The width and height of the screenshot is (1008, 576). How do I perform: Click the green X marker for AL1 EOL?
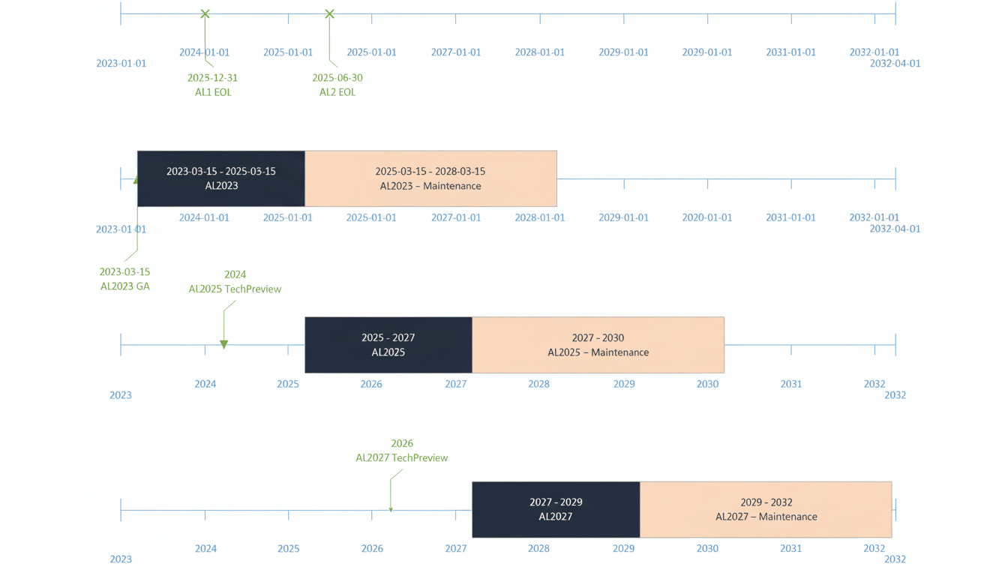(205, 13)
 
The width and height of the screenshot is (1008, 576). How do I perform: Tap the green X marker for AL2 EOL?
(329, 13)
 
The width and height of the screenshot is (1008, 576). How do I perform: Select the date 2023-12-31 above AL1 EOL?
(212, 78)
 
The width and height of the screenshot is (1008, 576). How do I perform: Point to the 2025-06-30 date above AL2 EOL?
(337, 78)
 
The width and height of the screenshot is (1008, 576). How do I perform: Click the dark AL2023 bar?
(221, 178)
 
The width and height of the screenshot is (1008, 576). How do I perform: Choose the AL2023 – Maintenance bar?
(430, 178)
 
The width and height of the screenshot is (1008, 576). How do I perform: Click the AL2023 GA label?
(125, 286)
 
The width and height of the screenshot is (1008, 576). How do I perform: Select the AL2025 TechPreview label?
(235, 289)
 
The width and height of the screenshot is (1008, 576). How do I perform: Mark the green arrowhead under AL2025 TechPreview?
(223, 344)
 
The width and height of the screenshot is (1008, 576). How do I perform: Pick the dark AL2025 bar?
(388, 345)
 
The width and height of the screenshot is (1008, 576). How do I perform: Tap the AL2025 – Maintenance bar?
(598, 345)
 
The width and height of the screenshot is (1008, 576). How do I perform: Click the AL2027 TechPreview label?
(402, 457)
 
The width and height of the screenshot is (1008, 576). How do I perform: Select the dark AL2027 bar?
(556, 509)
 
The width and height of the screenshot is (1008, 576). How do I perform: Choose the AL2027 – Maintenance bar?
(766, 509)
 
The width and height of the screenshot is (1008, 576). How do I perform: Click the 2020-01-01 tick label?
(706, 217)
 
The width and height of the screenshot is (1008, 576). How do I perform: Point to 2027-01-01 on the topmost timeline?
(456, 52)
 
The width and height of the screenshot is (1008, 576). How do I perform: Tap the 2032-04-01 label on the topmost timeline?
(895, 64)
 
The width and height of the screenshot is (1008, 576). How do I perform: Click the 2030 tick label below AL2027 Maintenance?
(707, 548)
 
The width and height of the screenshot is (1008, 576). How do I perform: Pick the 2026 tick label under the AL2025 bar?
(371, 384)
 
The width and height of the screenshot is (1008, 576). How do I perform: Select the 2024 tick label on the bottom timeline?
(205, 548)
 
